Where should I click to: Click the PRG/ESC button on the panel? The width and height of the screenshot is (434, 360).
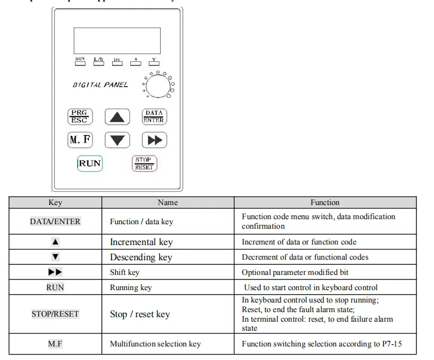click(x=80, y=117)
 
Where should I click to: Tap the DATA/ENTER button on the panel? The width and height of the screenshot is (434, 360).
click(x=153, y=117)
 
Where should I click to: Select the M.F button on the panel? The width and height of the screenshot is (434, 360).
click(x=80, y=140)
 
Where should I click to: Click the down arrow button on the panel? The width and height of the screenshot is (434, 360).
click(x=117, y=140)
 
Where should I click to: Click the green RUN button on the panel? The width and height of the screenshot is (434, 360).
click(x=90, y=163)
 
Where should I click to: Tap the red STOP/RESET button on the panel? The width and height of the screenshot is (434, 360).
click(x=144, y=163)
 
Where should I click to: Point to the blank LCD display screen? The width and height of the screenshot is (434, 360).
click(x=117, y=40)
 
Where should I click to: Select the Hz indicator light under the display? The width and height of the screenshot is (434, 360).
click(x=116, y=63)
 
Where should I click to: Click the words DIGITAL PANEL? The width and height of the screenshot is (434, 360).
click(x=100, y=85)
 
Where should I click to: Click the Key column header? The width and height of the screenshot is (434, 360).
click(x=55, y=202)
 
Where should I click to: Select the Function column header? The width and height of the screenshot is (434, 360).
click(x=325, y=202)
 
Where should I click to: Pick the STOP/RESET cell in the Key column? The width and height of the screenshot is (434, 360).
click(x=55, y=314)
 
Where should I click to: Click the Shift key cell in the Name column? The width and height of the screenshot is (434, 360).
click(x=125, y=272)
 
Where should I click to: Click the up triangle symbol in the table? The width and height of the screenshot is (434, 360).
click(x=55, y=242)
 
